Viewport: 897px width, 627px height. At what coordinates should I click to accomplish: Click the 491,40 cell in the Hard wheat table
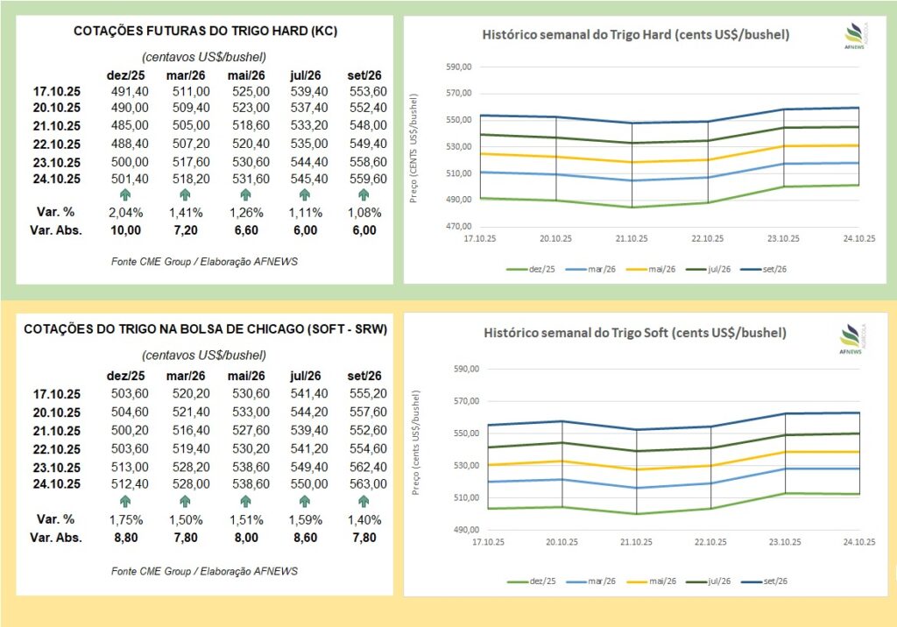coord(130,91)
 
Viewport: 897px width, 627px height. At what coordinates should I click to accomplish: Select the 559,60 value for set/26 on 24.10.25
coord(368,179)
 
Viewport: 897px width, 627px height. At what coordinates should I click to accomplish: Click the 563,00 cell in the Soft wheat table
coord(368,483)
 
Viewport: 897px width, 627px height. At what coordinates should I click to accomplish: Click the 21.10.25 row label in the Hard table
coord(56,126)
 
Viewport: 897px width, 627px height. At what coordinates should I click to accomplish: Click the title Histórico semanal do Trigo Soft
coord(635,334)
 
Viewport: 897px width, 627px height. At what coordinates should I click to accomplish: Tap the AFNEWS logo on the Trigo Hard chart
coord(853,37)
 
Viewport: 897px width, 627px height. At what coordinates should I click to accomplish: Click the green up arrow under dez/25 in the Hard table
coord(125,195)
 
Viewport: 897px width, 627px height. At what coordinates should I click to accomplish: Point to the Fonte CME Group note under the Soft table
coord(204,571)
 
